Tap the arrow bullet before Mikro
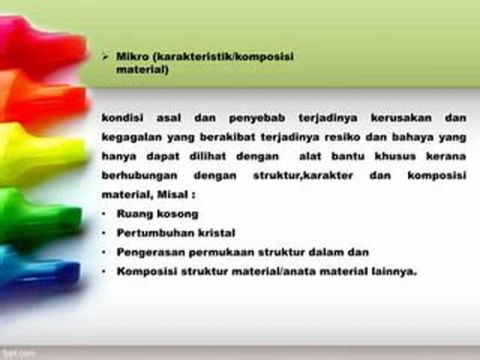[x=105, y=56]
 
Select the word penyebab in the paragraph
[x=257, y=118]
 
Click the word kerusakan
[x=401, y=118]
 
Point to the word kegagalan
[x=131, y=138]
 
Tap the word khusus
[x=395, y=157]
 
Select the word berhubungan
[x=139, y=176]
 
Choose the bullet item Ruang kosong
[x=158, y=214]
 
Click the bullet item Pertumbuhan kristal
[x=176, y=234]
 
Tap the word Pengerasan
[x=151, y=253]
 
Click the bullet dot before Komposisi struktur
[x=104, y=271]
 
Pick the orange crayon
[x=43, y=98]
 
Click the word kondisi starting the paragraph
[x=122, y=118]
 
